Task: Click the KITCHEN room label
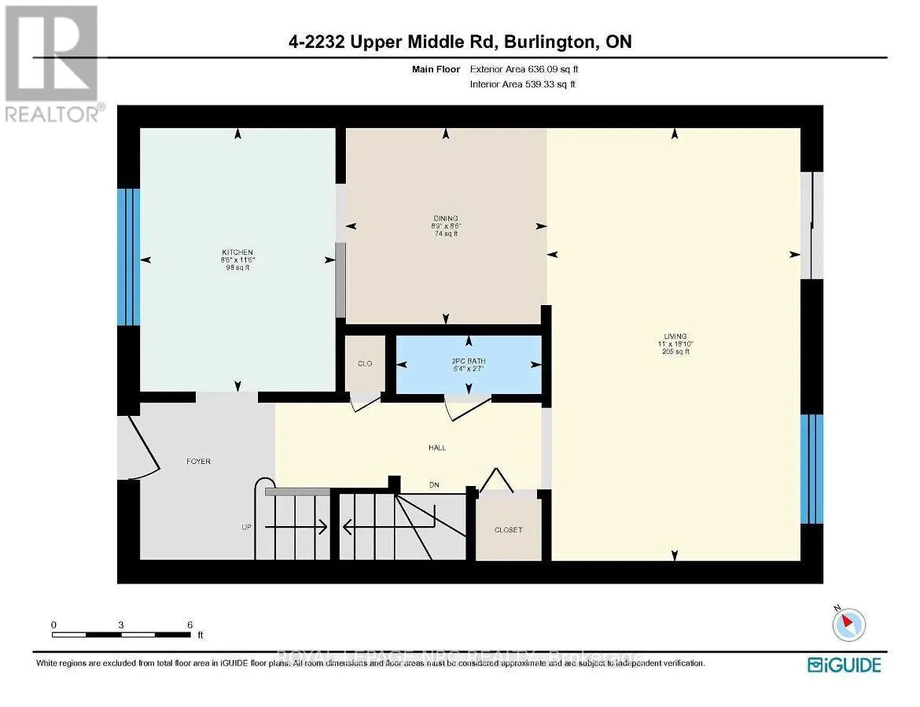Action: coord(237,252)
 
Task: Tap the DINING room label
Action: coord(445,219)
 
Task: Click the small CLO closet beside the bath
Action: coord(365,363)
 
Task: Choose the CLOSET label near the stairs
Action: coord(508,529)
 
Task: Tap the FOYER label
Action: coord(198,461)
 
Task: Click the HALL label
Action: coord(437,447)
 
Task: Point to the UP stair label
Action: coord(247,526)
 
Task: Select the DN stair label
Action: coord(433,484)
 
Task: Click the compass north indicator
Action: coord(848,624)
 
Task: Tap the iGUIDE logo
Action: coord(845,665)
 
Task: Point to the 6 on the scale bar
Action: coord(190,624)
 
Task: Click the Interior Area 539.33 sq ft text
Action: coord(523,84)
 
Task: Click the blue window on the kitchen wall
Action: coord(128,257)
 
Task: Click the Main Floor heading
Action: coord(436,69)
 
